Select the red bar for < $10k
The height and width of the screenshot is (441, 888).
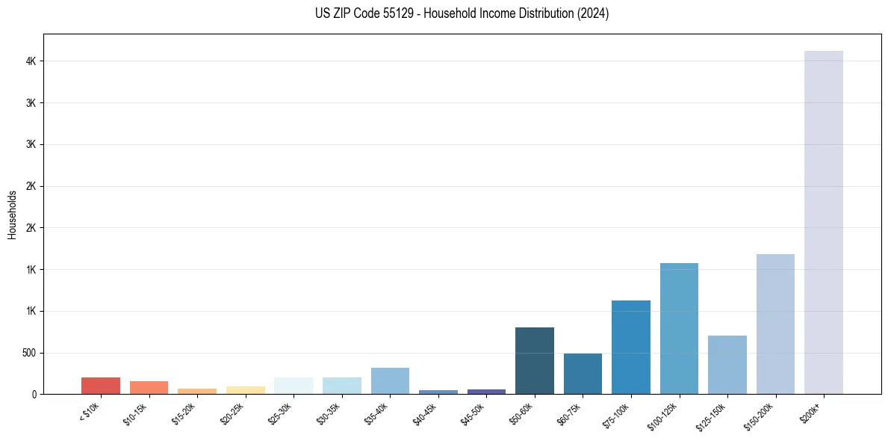coord(101,386)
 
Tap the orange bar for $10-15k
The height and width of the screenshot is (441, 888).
coord(149,387)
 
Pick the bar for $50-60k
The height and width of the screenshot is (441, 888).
coord(535,360)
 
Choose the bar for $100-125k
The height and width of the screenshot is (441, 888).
coord(679,328)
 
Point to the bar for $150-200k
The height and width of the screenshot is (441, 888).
coord(775,324)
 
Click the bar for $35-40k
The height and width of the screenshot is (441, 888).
coord(390,380)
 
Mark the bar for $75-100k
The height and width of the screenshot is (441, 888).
coord(631,347)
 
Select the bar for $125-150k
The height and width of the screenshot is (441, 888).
coord(727,365)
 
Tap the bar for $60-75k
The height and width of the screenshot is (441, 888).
coord(583,374)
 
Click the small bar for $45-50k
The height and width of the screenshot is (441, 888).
coord(486,391)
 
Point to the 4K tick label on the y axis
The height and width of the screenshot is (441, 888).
coord(30,61)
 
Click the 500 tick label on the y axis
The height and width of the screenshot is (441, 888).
coord(28,353)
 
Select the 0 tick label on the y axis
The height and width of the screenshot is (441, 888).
coord(34,394)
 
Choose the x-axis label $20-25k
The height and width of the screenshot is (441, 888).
coord(235,413)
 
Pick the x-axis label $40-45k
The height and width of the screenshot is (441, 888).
coord(427,413)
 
